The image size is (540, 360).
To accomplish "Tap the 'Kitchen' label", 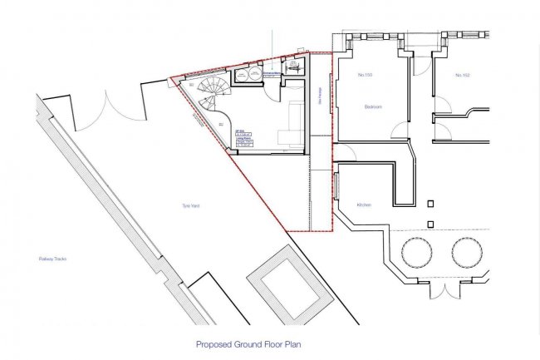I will click(x=364, y=205).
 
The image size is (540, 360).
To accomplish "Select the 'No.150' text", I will click(x=363, y=75).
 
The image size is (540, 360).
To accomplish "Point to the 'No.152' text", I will click(x=463, y=75).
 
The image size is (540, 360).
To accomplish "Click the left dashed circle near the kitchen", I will click(x=416, y=250).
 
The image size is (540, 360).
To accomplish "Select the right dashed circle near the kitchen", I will click(x=468, y=250).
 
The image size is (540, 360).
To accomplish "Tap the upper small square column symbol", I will click(x=430, y=202).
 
